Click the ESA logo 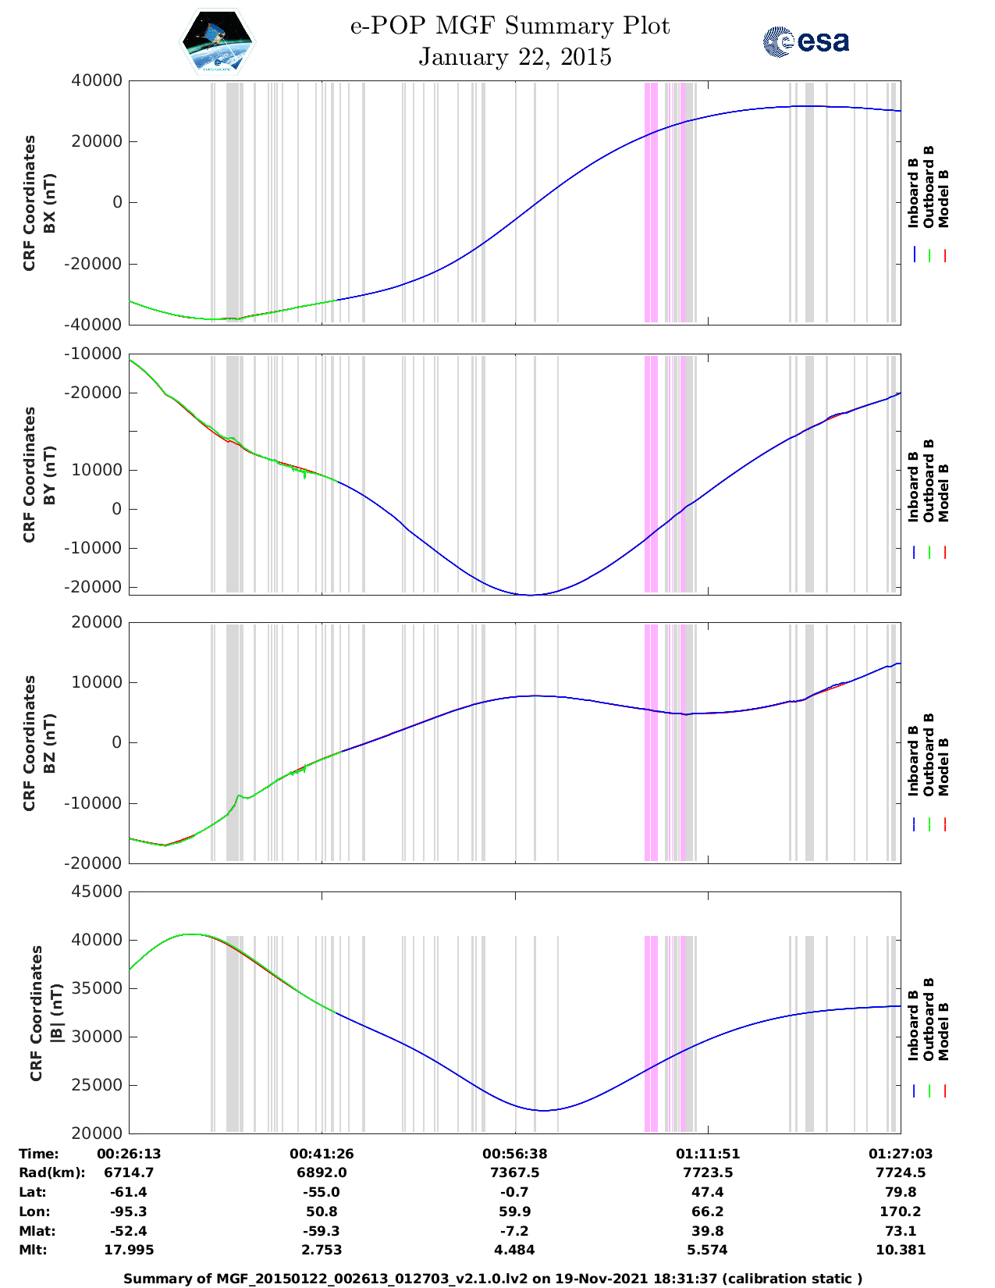pos(805,41)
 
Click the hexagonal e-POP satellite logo pos(218,41)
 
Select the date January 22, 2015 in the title pos(515,57)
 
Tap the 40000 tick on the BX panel pos(97,80)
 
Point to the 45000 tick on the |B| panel pos(97,891)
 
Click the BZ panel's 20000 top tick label pos(97,622)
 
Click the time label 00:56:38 pos(515,1154)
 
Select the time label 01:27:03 pos(901,1154)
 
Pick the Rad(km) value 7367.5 pos(515,1172)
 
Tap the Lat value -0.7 pos(515,1192)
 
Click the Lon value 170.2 pos(901,1212)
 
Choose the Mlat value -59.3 pos(322,1231)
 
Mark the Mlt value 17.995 pos(129,1250)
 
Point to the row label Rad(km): pos(52,1172)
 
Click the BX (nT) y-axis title pos(49,202)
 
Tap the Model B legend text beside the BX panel pos(943,198)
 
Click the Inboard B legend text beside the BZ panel pos(914,760)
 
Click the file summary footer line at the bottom pos(493,1279)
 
